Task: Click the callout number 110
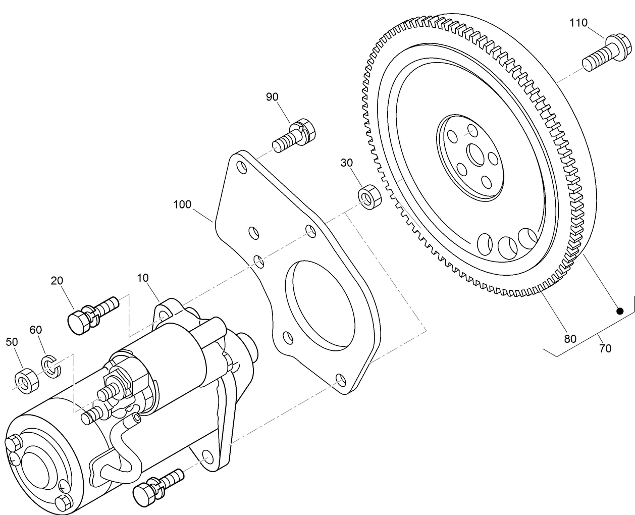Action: point(578,23)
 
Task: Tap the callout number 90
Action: point(272,97)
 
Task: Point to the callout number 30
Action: point(347,163)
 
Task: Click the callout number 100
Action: point(182,204)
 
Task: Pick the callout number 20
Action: point(57,281)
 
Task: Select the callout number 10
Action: point(143,278)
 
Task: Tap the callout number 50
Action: point(12,342)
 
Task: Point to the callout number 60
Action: point(35,330)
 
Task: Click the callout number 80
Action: point(570,339)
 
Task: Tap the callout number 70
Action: point(605,348)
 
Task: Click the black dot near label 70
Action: point(620,311)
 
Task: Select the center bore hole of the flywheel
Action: point(475,154)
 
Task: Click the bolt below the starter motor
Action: point(158,484)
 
